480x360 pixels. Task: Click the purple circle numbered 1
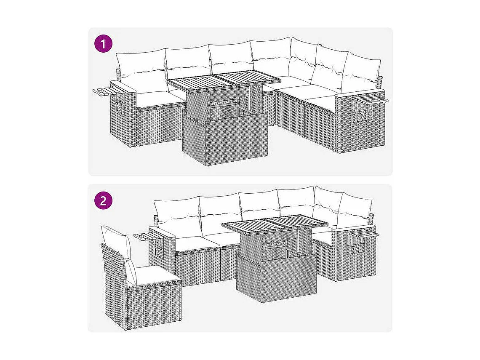[x=103, y=44]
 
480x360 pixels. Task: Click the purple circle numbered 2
[x=103, y=201]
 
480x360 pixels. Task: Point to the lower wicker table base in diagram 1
[x=225, y=139]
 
